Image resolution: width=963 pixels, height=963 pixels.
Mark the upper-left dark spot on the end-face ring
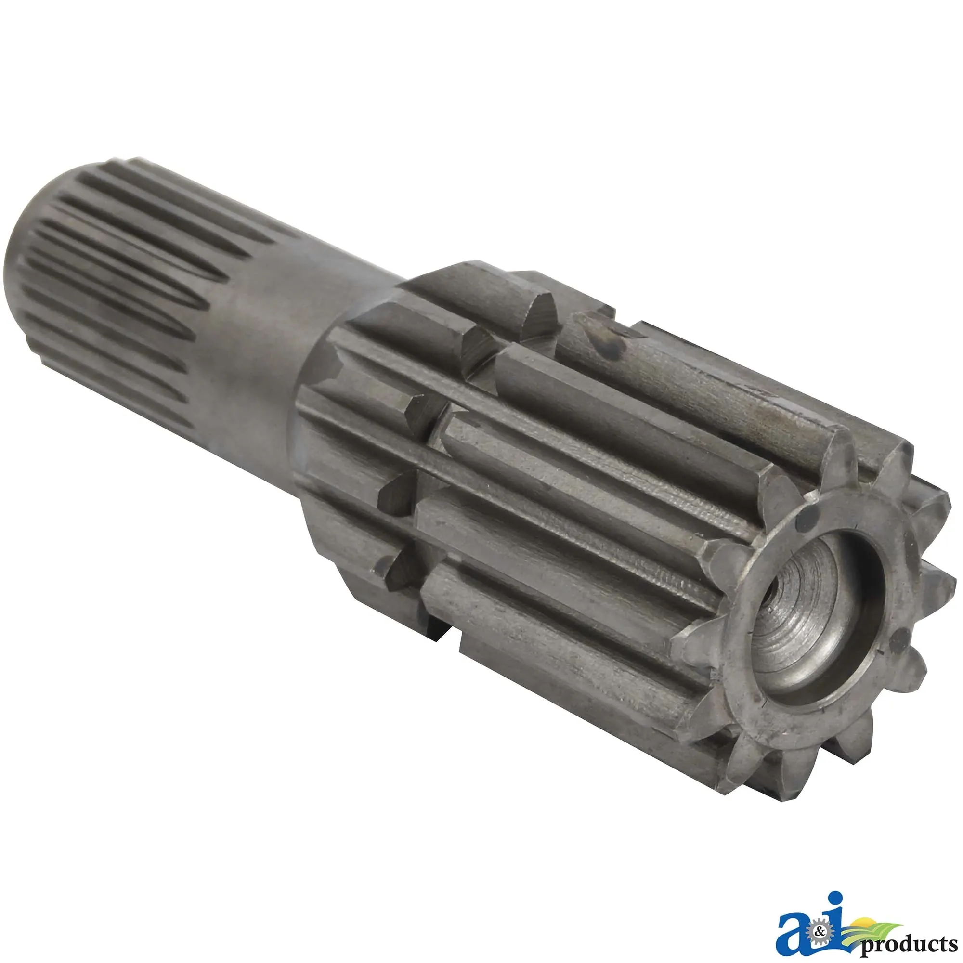[803, 521]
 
